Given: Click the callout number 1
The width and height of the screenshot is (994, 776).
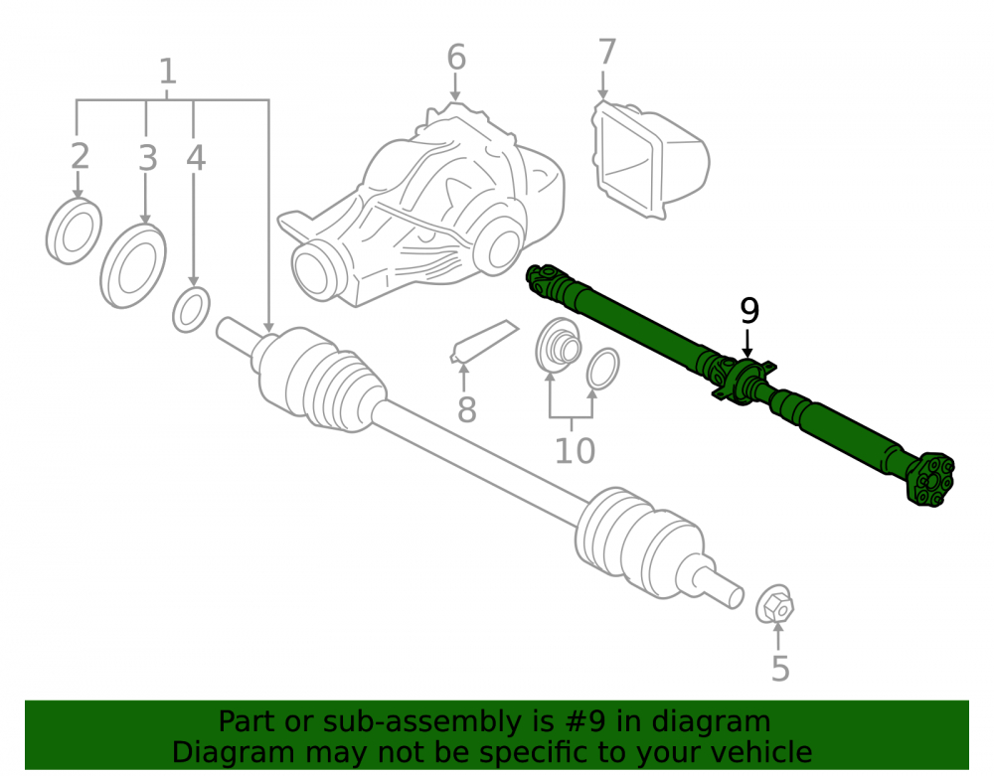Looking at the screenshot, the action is click(x=167, y=72).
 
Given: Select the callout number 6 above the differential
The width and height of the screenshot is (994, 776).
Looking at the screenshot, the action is click(x=456, y=57).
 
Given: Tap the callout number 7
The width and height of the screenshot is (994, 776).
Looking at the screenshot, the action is click(x=606, y=52).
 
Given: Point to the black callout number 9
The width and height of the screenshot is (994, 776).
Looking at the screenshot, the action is click(x=749, y=310).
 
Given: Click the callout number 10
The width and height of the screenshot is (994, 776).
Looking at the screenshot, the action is click(x=575, y=451).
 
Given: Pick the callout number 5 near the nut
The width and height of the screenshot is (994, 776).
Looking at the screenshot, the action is click(x=780, y=669).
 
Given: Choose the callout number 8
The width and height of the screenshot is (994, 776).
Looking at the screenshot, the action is click(x=466, y=409).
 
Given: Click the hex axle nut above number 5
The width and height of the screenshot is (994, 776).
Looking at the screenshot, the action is click(x=774, y=604).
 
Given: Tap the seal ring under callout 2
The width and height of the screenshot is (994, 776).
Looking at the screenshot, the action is click(x=74, y=232).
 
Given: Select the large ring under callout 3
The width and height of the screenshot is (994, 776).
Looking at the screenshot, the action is click(x=133, y=266).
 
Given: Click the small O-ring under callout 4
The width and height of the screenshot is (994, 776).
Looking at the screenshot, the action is click(x=191, y=310).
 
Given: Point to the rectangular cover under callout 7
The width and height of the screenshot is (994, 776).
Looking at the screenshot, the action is click(x=650, y=160).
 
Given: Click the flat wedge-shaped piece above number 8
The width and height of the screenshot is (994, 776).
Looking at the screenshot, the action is click(x=484, y=343).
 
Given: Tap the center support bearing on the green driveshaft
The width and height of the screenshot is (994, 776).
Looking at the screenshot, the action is click(x=745, y=381).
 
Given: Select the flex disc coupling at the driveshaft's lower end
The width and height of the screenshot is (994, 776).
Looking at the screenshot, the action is click(x=931, y=480).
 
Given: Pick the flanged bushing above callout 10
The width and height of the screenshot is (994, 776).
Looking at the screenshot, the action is click(x=558, y=346).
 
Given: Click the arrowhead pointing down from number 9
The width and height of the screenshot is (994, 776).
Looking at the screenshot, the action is click(x=747, y=352).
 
